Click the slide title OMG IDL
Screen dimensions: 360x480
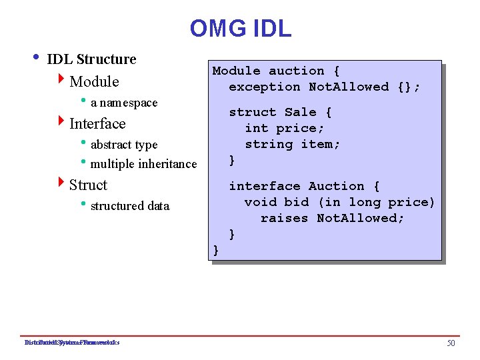pyautogui.click(x=240, y=29)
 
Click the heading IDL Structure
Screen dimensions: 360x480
pyautogui.click(x=91, y=59)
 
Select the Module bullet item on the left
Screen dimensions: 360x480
pyautogui.click(x=94, y=82)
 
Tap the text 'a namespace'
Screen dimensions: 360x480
pyautogui.click(x=124, y=103)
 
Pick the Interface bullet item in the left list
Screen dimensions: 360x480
pyautogui.click(x=97, y=124)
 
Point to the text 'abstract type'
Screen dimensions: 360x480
pyautogui.click(x=124, y=145)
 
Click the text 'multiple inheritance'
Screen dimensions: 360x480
pyautogui.click(x=143, y=164)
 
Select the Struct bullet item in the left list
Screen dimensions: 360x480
pyautogui.click(x=88, y=185)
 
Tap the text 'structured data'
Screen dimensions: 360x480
pyautogui.click(x=130, y=206)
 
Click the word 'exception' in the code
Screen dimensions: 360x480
pyautogui.click(x=265, y=87)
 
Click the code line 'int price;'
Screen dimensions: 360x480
pyautogui.click(x=285, y=128)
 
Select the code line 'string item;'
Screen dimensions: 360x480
pyautogui.click(x=293, y=144)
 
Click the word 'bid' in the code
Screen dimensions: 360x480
pyautogui.click(x=297, y=202)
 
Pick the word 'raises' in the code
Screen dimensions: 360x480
pyautogui.click(x=285, y=218)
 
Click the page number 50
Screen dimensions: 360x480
pyautogui.click(x=451, y=343)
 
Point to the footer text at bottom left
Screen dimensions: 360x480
pyautogui.click(x=71, y=343)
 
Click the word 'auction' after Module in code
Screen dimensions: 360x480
pyautogui.click(x=297, y=71)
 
